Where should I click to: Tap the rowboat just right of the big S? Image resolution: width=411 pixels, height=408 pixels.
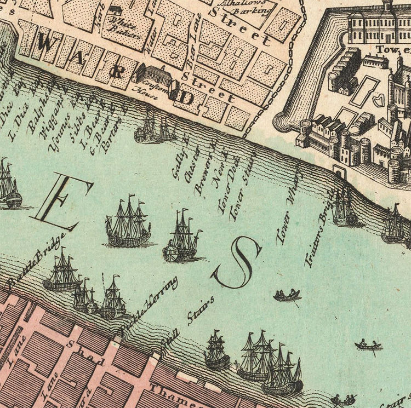pos(287,296)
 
